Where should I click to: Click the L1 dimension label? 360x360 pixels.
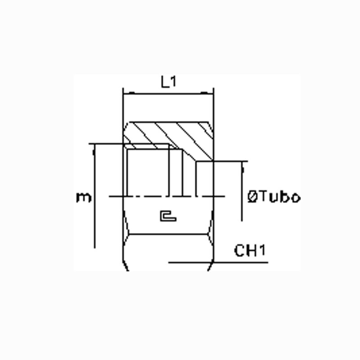coord(168,82)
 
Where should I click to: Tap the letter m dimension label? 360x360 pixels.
coord(84,198)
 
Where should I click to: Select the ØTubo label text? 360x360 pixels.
coord(274,197)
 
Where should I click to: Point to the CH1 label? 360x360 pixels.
coord(250,250)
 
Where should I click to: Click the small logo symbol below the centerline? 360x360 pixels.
coord(168,216)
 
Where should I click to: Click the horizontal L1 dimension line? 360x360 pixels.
coord(168,94)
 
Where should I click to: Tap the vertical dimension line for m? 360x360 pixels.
coord(94,196)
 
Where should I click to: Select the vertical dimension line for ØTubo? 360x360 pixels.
coord(242,191)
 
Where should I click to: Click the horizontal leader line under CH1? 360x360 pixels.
coord(218,262)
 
